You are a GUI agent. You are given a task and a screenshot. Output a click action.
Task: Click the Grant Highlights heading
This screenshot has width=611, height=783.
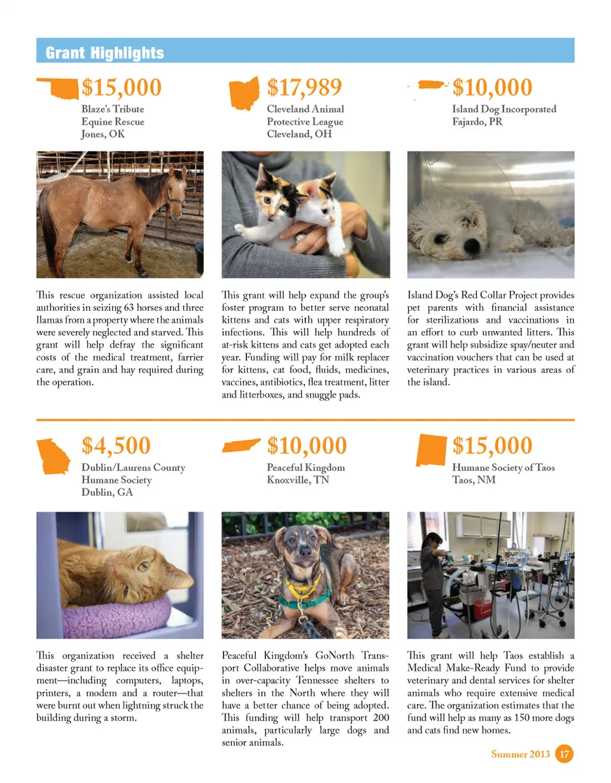tap(104, 53)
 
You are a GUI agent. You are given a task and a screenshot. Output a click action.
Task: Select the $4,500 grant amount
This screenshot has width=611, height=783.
tap(116, 446)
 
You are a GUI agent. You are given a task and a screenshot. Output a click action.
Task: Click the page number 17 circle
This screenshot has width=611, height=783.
tap(564, 754)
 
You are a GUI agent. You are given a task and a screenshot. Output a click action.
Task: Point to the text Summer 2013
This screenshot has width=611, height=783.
tap(521, 755)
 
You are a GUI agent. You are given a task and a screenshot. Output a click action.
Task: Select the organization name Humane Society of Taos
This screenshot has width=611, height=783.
tap(503, 468)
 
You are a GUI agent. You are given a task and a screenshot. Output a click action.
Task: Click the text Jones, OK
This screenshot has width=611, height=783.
tap(103, 134)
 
